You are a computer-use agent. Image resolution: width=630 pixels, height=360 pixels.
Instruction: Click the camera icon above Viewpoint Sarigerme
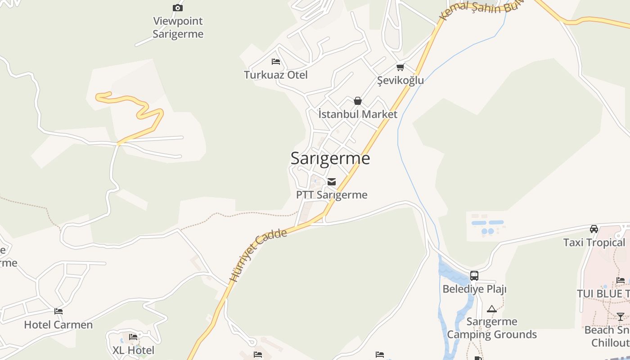click(178, 8)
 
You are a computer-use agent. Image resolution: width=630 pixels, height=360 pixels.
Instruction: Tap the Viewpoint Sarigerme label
click(178, 27)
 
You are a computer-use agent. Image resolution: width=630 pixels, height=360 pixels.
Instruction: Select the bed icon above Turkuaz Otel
click(276, 62)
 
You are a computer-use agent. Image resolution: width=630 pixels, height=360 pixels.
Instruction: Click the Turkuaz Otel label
click(276, 75)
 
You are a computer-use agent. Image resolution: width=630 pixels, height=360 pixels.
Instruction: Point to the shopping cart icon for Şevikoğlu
click(400, 67)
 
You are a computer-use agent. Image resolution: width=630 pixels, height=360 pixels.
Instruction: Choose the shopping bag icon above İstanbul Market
click(358, 101)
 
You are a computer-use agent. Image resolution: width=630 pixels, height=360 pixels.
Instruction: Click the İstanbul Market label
click(358, 114)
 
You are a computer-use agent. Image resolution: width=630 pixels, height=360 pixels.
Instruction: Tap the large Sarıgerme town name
click(330, 158)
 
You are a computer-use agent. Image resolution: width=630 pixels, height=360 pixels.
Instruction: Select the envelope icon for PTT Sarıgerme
click(332, 182)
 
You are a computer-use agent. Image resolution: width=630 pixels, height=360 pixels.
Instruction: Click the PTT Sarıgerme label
click(332, 195)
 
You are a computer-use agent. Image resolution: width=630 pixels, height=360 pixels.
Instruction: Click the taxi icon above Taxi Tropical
click(594, 229)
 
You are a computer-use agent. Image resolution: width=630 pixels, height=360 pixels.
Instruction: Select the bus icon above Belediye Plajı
click(474, 276)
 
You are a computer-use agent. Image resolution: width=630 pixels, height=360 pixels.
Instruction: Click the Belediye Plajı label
click(474, 289)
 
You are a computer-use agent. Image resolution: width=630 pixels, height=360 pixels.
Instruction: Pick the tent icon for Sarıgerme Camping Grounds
click(491, 309)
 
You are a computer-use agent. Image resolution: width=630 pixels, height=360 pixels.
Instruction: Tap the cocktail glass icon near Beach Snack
click(621, 317)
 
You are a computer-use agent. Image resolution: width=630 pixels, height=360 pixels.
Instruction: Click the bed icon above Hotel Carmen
click(58, 311)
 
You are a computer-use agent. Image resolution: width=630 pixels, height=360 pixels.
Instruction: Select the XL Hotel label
click(133, 350)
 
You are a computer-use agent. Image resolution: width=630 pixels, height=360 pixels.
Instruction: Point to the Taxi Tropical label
click(594, 243)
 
